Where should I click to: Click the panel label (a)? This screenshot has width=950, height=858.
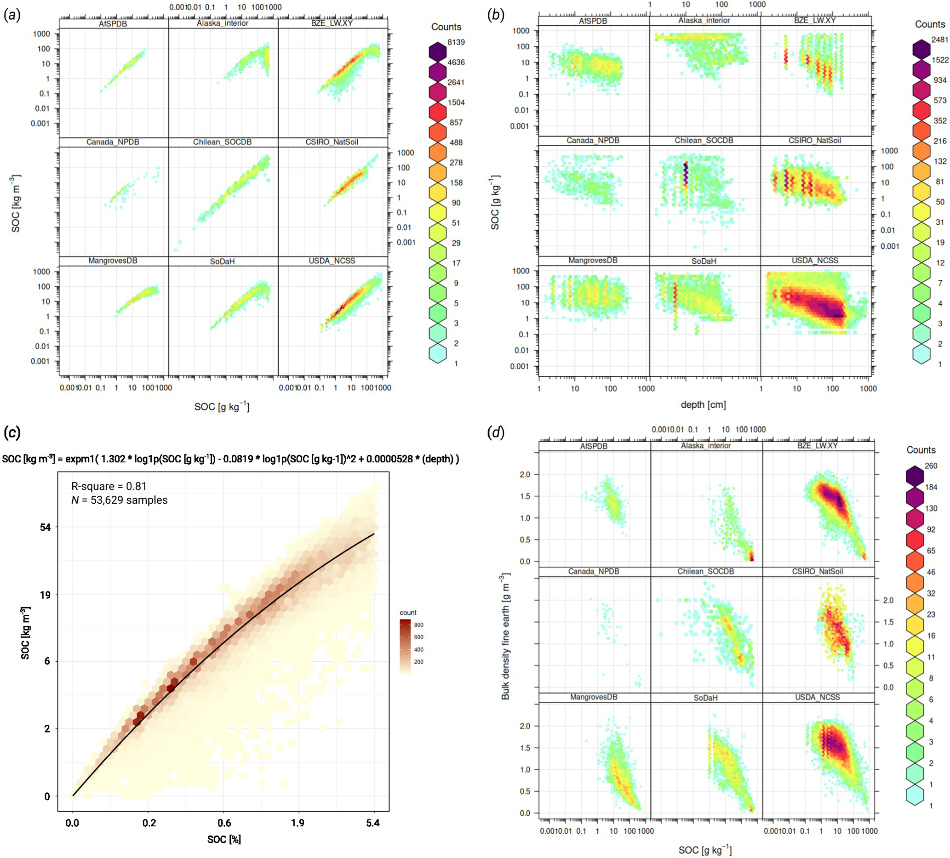point(12,16)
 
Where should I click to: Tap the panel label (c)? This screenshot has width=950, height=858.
point(12,433)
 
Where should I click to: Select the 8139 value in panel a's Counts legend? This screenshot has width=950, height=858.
point(456,42)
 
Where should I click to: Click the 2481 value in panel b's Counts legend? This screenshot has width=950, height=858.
point(939,40)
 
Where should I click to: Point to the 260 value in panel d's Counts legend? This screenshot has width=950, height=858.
point(931,466)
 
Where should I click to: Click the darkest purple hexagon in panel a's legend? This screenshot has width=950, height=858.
point(438,51)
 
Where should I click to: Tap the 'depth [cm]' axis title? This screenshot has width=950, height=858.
point(703,404)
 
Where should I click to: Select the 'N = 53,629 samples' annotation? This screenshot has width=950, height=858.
point(119,500)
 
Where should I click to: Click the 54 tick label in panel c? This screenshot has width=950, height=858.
point(45,528)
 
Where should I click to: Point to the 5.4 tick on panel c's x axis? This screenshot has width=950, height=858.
point(372,823)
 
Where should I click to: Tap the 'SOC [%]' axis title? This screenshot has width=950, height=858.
point(224,839)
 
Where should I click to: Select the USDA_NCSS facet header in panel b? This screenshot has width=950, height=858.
point(815,261)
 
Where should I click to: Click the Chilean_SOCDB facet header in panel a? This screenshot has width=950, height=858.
point(223,142)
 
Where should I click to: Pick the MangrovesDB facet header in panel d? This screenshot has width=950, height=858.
point(593,697)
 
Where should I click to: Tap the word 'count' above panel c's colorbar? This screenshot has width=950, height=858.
point(407,613)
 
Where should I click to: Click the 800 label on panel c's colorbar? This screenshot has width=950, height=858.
point(418,625)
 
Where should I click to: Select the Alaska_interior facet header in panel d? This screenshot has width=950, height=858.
point(705,445)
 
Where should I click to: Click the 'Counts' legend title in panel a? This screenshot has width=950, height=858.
point(446,27)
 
